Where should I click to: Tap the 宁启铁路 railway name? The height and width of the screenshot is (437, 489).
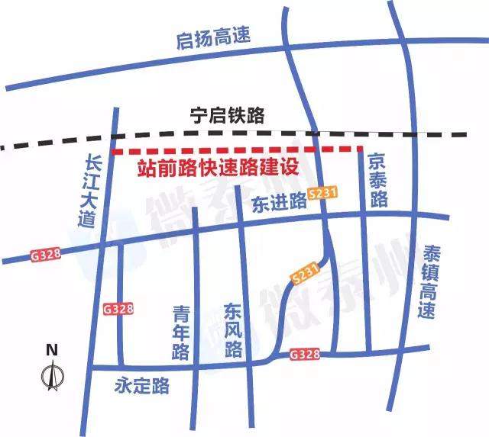227,116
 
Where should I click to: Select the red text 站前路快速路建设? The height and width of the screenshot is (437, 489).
216,169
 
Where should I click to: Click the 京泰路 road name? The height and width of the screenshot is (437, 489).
377,180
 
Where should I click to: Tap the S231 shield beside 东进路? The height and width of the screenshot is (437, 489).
322,195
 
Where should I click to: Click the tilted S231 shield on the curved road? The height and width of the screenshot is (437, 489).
304,272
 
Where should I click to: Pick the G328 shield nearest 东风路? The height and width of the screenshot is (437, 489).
305,355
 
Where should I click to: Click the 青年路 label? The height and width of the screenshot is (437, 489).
181,334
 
